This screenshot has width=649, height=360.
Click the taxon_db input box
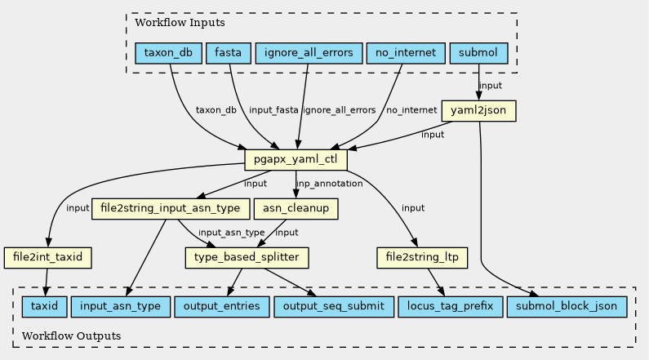click(168, 53)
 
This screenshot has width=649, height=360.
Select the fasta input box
click(228, 53)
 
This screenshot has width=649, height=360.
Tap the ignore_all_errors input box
click(309, 53)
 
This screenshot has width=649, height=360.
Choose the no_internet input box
click(406, 53)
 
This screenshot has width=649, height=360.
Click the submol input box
click(478, 53)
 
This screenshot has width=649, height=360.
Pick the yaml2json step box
click(478, 110)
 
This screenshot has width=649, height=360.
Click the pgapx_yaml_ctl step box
click(296, 159)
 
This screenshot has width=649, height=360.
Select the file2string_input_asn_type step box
click(170, 208)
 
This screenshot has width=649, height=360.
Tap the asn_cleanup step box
click(296, 208)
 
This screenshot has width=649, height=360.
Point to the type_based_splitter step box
click(247, 257)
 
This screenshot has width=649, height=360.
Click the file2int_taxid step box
click(47, 257)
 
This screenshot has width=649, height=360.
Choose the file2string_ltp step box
click(422, 257)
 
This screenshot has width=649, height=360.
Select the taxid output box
click(44, 307)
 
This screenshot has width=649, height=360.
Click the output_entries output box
click(222, 307)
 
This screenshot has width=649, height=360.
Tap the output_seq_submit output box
click(334, 307)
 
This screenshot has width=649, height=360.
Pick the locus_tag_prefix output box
click(451, 307)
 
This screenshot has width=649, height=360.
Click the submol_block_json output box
click(567, 307)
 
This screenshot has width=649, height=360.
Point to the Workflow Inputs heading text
click(180, 22)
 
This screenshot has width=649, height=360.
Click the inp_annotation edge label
click(330, 184)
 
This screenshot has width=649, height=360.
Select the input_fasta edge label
click(273, 110)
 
